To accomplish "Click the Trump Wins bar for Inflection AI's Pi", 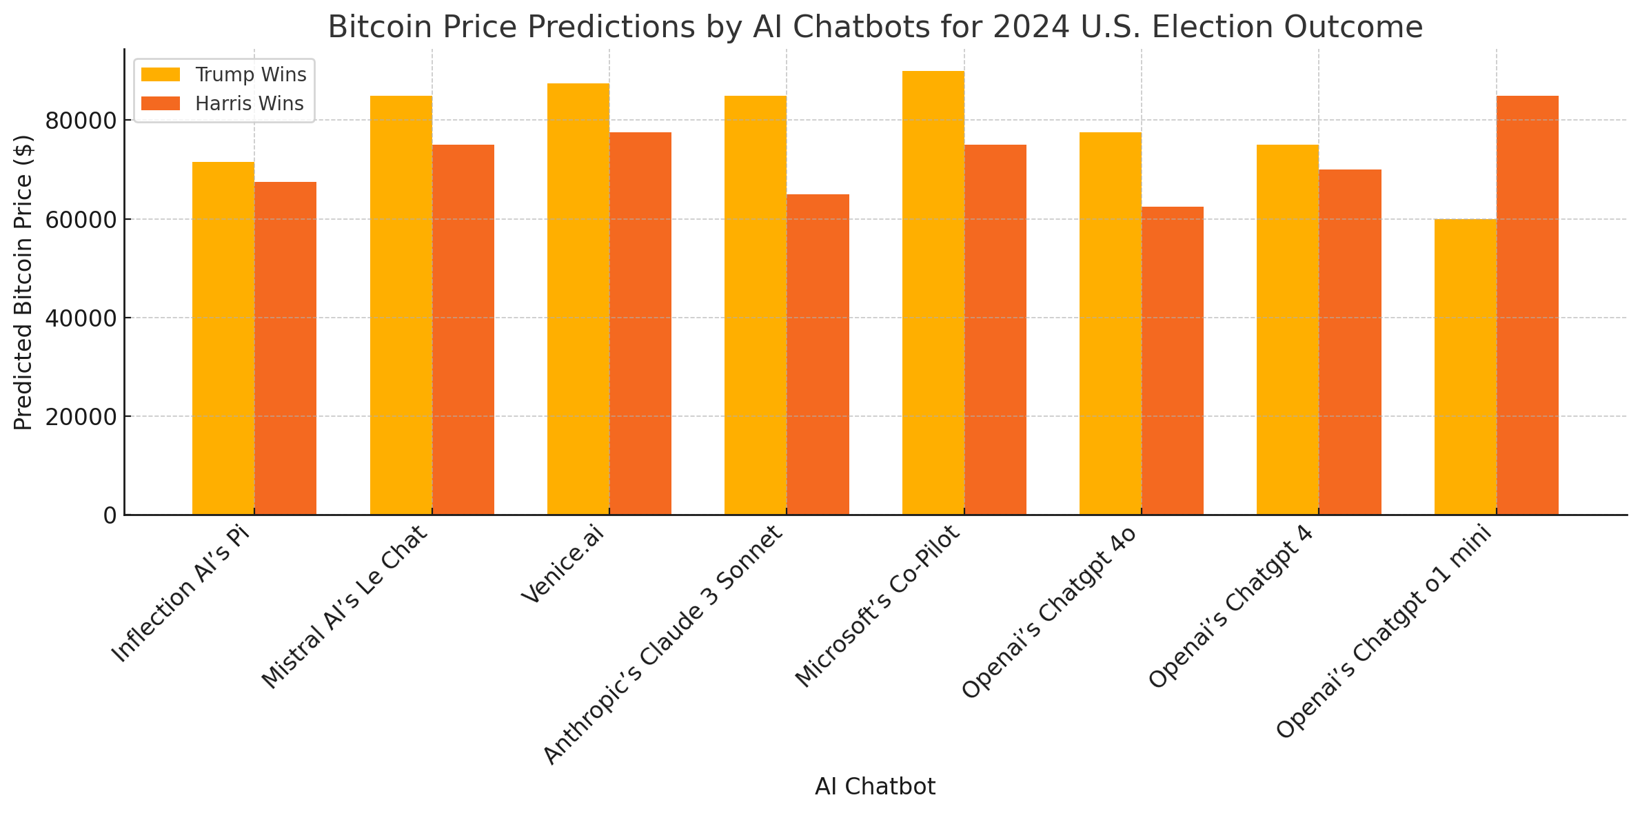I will (223, 338).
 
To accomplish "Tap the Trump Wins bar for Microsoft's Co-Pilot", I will (933, 293).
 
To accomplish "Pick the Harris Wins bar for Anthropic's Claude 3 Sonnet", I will (818, 354).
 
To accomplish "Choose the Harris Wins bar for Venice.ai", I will (640, 323).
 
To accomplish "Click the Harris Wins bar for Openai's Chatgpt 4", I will (1350, 342).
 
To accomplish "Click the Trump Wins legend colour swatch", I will (161, 74).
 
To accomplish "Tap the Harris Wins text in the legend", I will (249, 104).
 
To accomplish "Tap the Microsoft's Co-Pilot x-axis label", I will (877, 606).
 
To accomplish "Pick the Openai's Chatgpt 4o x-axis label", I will (1048, 612).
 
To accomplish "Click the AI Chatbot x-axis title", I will (875, 787).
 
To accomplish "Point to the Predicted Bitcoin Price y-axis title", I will (24, 282).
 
